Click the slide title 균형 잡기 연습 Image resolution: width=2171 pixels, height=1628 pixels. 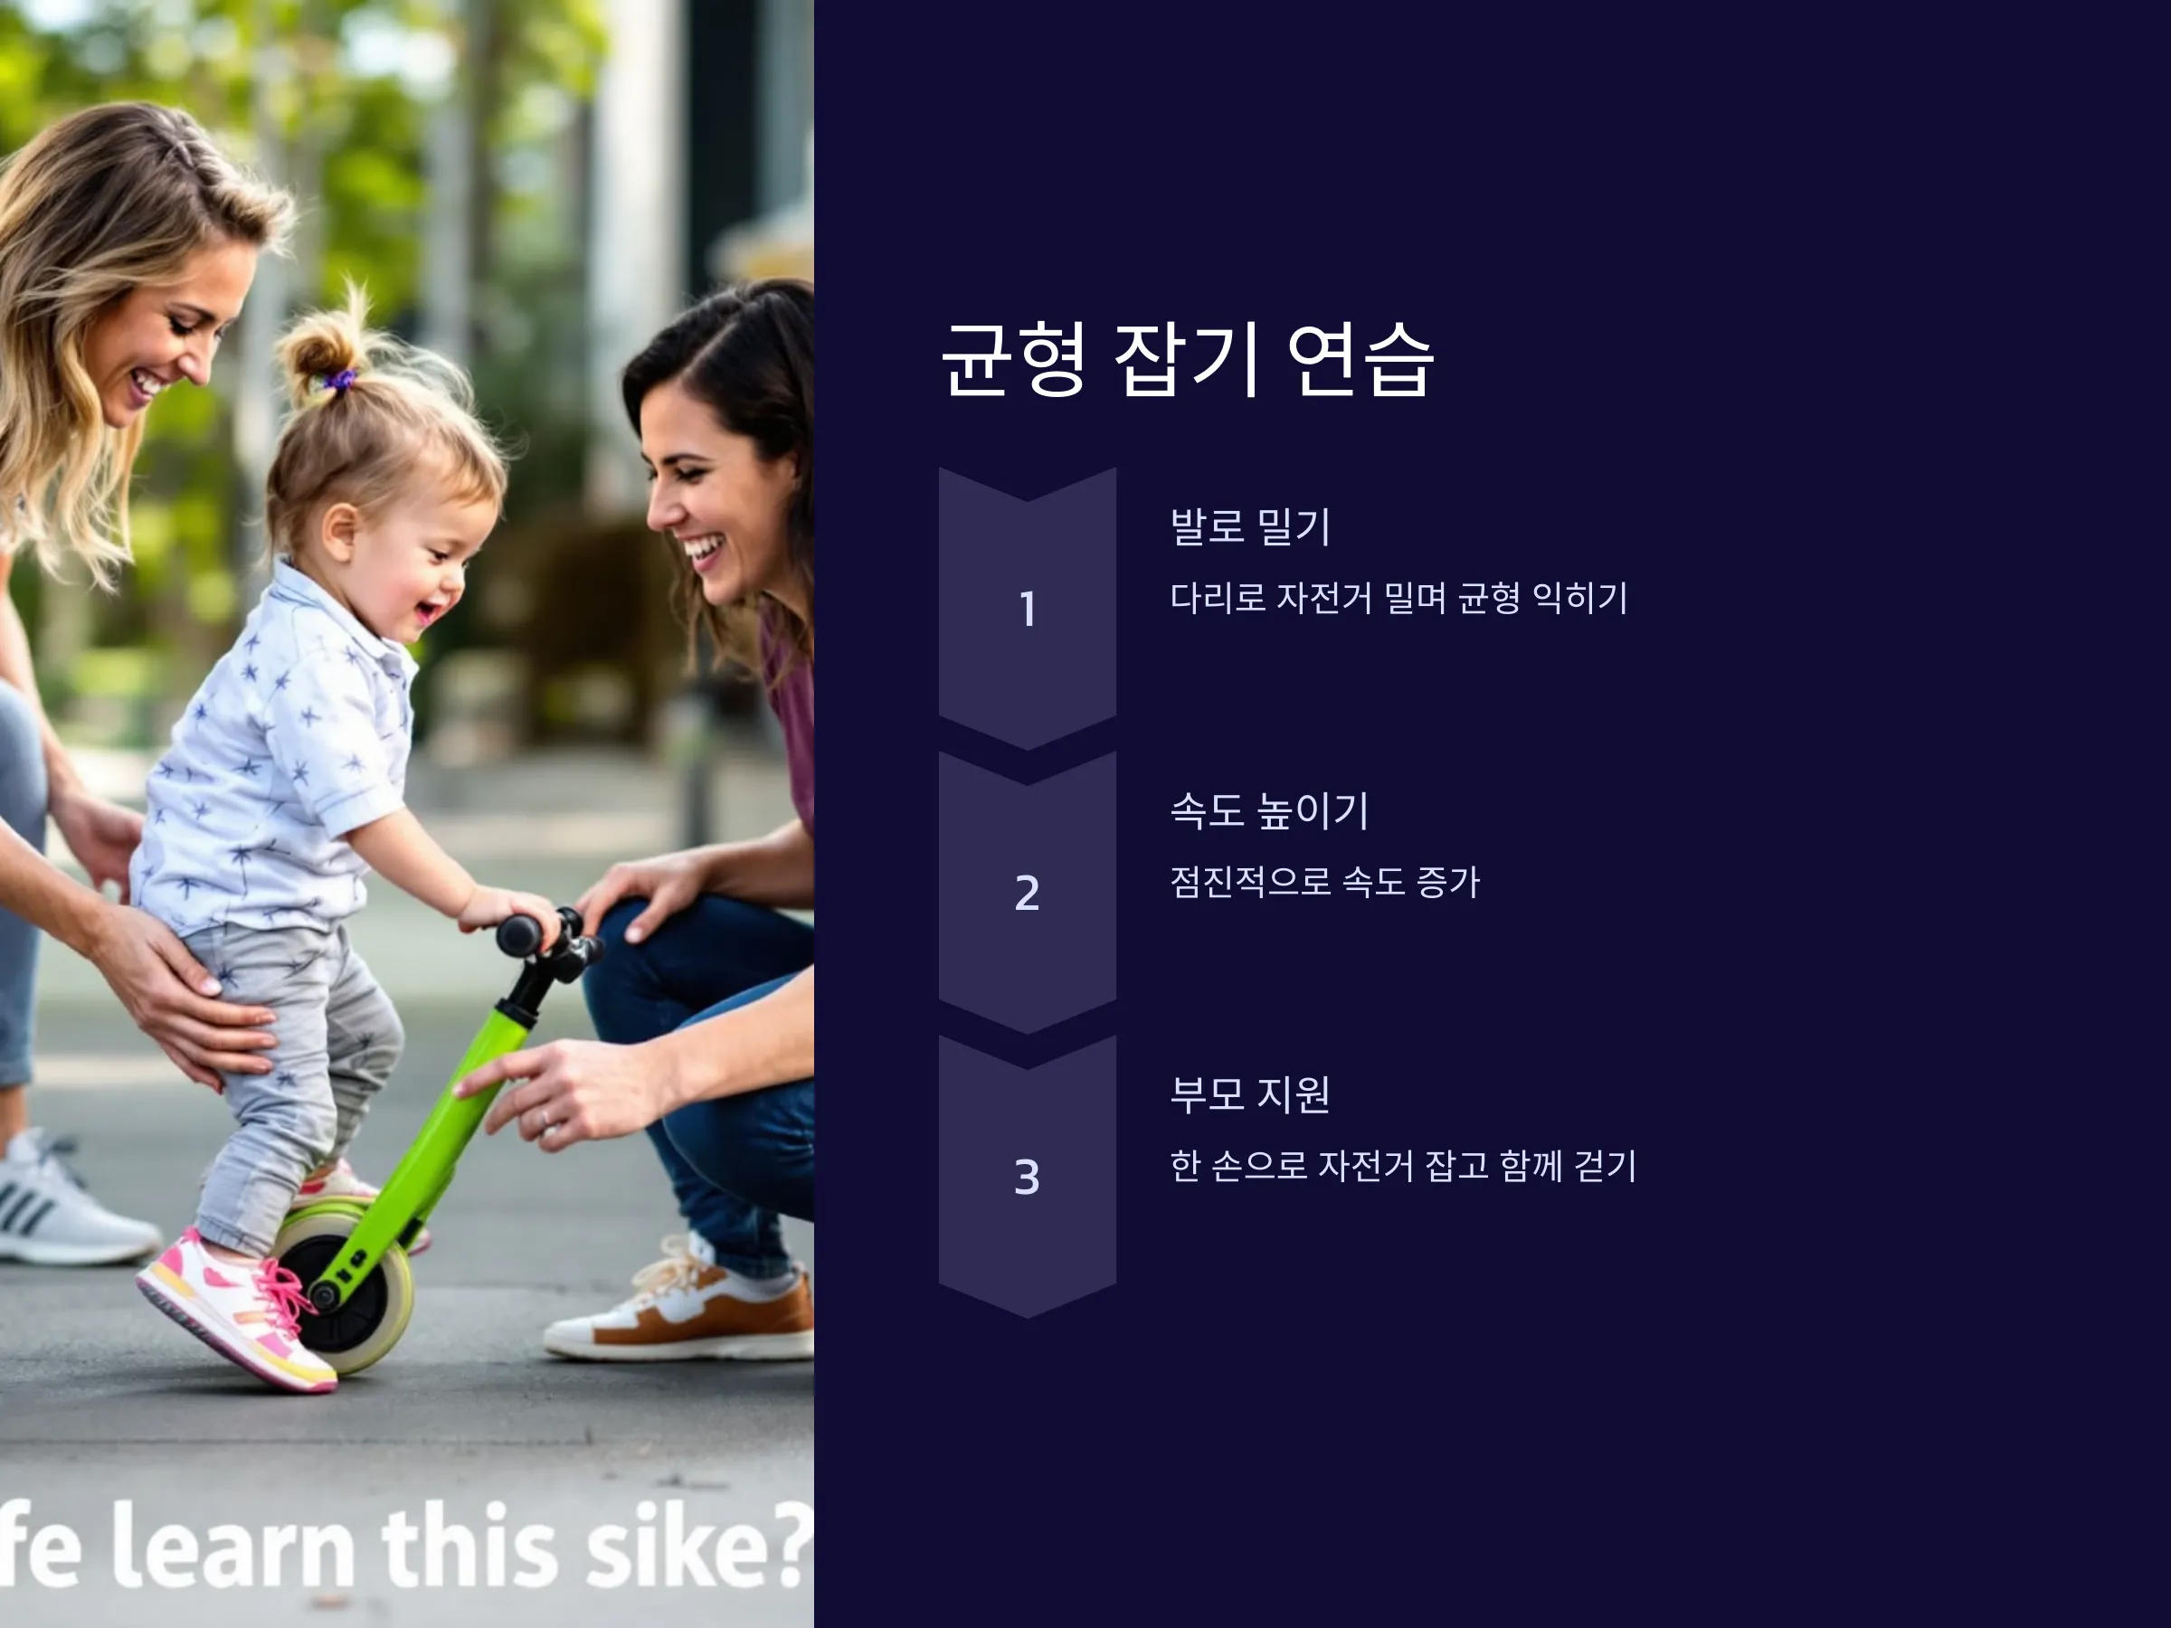click(1188, 359)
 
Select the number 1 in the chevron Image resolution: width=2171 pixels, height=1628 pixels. click(1028, 609)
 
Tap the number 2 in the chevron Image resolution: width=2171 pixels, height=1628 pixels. click(1027, 893)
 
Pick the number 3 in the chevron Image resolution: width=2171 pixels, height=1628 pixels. click(1027, 1177)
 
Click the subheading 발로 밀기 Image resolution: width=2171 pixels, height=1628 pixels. click(1249, 527)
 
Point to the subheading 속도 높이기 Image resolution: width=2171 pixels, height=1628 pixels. click(1269, 810)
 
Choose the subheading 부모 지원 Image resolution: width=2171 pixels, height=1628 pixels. click(1249, 1094)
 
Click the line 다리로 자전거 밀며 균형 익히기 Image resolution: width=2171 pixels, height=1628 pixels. click(1398, 598)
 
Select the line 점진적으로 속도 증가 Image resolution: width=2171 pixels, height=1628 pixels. click(1324, 881)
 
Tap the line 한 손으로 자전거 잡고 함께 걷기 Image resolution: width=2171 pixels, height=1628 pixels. click(1402, 1165)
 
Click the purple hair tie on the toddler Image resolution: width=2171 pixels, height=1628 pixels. click(339, 379)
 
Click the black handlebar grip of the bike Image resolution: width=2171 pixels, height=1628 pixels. click(520, 934)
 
